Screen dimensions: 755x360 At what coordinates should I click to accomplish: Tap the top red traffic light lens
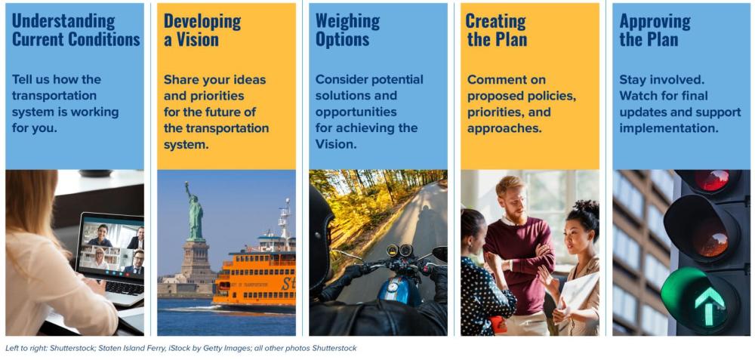coord(712,180)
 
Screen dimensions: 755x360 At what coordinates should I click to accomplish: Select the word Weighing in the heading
coord(347,20)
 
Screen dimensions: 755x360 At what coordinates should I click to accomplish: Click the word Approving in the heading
coord(655,21)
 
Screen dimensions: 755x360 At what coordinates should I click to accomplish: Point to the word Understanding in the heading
coord(63,21)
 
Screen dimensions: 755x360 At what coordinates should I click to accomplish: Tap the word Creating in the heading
coord(495,20)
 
